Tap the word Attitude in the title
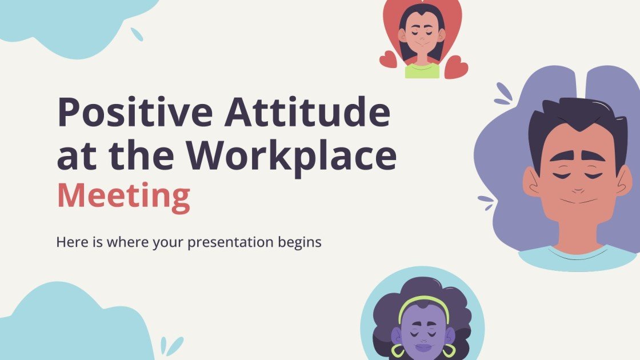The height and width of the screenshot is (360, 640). pyautogui.click(x=307, y=113)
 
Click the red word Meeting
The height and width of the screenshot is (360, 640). pyautogui.click(x=123, y=196)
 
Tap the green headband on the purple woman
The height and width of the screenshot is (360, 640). pyautogui.click(x=423, y=301)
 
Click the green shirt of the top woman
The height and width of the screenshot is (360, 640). pyautogui.click(x=422, y=71)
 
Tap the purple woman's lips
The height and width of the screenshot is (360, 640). pyautogui.click(x=423, y=347)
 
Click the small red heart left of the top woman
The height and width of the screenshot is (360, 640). pyautogui.click(x=388, y=59)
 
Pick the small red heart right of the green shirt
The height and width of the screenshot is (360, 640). pyautogui.click(x=456, y=67)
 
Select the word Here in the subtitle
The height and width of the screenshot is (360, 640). pyautogui.click(x=70, y=242)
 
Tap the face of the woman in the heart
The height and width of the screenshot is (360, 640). pyautogui.click(x=422, y=37)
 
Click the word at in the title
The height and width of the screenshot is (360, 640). pyautogui.click(x=75, y=155)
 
